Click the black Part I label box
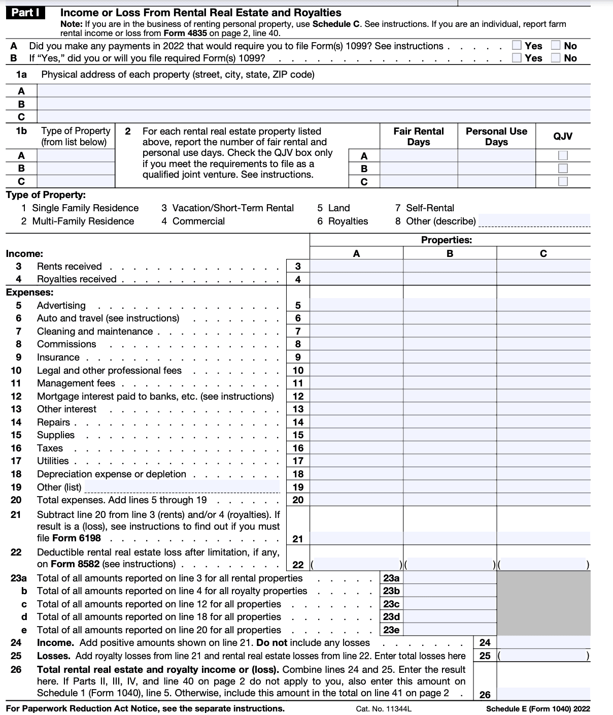point(25,13)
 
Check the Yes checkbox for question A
point(517,46)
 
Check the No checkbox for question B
point(556,58)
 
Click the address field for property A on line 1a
point(314,91)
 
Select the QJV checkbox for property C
point(563,181)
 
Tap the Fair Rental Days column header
point(418,136)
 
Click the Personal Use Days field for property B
point(496,168)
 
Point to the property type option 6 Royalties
point(343,221)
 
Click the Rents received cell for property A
point(356,266)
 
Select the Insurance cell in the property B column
point(450,357)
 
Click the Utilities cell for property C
point(543,461)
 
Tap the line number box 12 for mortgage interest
point(298,396)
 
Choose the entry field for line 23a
point(450,578)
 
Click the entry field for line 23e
point(450,630)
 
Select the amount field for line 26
point(543,694)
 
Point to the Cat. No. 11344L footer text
point(383,709)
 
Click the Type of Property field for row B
point(76,168)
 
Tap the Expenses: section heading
point(29,292)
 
